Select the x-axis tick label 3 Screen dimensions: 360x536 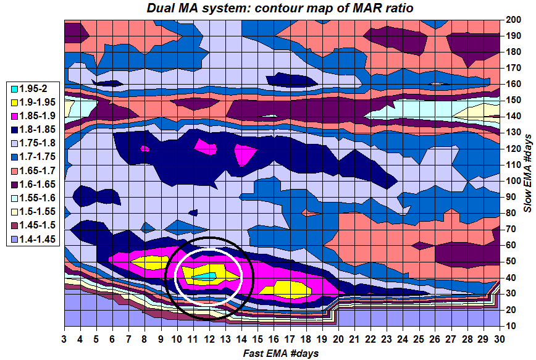(65, 339)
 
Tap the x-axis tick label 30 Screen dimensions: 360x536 (498, 339)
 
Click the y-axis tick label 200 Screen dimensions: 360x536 (511, 20)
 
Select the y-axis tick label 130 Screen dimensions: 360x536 (511, 132)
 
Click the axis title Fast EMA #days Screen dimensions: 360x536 (281, 353)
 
